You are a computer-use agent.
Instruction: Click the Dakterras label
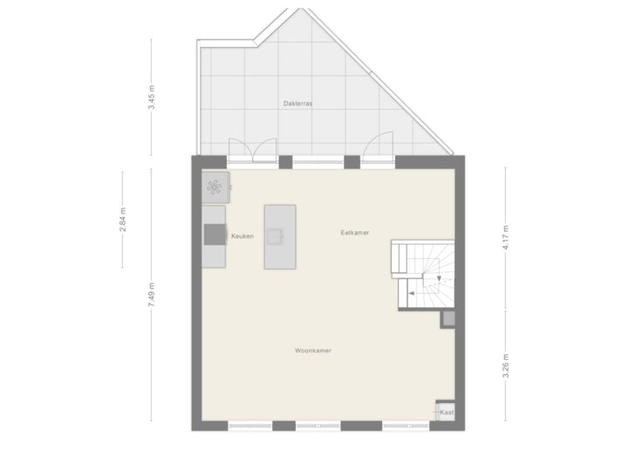(x=298, y=103)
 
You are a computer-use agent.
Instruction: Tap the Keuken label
(x=242, y=236)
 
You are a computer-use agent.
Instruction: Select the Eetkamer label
(x=355, y=233)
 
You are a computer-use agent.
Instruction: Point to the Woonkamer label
(x=312, y=351)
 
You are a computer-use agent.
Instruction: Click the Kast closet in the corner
(x=446, y=412)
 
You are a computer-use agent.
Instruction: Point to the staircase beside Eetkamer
(x=422, y=273)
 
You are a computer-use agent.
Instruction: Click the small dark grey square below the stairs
(x=447, y=319)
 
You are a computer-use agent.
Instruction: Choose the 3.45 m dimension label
(x=152, y=95)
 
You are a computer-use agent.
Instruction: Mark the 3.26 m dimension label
(x=505, y=360)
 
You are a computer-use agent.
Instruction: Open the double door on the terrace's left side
(x=253, y=150)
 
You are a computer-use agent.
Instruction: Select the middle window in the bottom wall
(x=317, y=426)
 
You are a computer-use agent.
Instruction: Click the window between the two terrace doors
(x=317, y=160)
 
